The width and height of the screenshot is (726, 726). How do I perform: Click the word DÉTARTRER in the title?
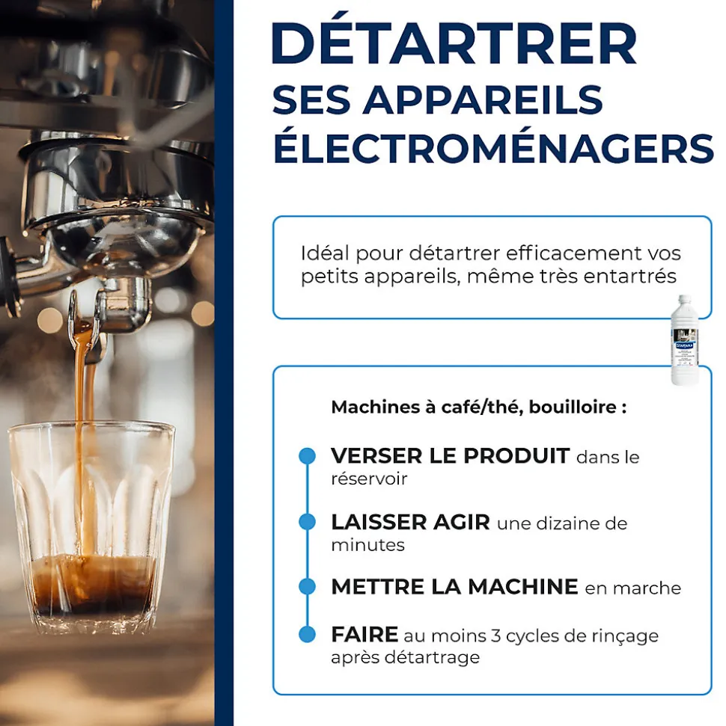click(454, 45)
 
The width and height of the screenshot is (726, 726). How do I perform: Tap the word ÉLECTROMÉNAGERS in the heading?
click(493, 148)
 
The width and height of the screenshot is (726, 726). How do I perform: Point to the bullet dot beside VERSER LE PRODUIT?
click(307, 456)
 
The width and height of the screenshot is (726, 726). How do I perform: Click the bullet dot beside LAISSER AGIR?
click(307, 522)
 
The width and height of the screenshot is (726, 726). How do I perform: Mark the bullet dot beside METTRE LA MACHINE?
click(307, 587)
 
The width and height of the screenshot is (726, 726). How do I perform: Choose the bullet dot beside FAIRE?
click(307, 635)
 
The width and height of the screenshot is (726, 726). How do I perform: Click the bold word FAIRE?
click(364, 635)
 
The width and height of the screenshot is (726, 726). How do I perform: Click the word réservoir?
click(369, 479)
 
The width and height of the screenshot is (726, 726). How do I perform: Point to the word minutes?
click(367, 545)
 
